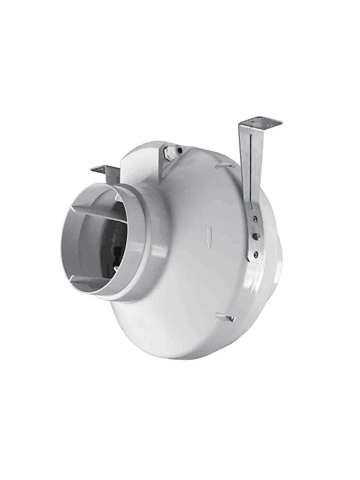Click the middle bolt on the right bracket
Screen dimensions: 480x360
(255, 235)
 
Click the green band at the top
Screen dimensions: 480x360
(180, 30)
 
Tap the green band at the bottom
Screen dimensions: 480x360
(180, 450)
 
